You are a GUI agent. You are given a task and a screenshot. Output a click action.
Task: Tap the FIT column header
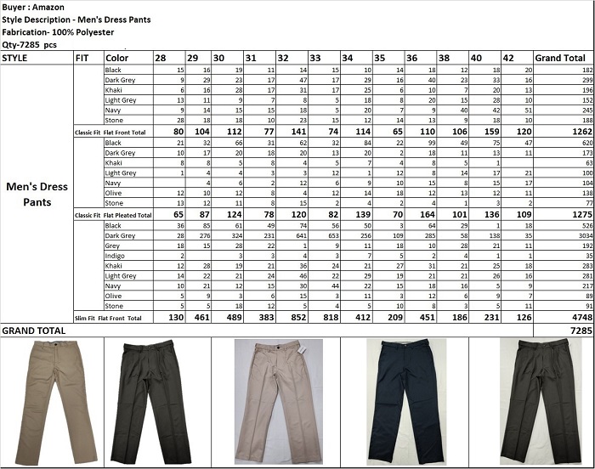point(82,58)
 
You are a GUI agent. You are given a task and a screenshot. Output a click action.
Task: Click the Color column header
point(117,58)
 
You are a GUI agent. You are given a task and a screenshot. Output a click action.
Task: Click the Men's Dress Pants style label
point(37,195)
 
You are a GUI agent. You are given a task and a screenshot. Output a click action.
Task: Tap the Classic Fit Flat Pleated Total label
point(113,216)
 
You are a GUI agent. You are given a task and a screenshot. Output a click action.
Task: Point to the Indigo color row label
point(116,256)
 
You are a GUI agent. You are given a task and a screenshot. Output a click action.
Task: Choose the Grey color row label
point(113,246)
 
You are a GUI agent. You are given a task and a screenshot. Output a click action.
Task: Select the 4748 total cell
point(579,316)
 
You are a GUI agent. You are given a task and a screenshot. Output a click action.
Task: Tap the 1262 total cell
point(579,133)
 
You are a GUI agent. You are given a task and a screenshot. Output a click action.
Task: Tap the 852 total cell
point(300,316)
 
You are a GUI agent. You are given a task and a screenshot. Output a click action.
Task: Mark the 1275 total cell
point(579,216)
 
